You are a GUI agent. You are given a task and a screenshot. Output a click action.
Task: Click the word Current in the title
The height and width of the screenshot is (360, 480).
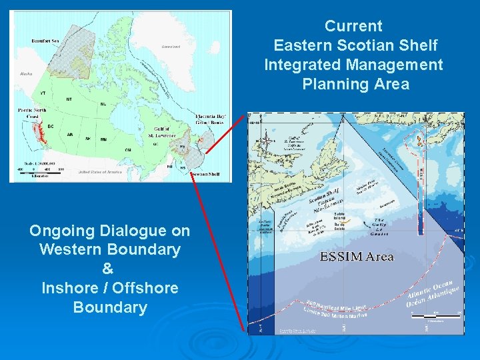click(353, 27)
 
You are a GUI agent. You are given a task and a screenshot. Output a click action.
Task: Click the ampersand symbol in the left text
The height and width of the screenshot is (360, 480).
click(109, 269)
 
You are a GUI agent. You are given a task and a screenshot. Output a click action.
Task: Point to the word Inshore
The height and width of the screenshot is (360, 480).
click(70, 289)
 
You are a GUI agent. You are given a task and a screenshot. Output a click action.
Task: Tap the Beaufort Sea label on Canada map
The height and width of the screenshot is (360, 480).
click(45, 41)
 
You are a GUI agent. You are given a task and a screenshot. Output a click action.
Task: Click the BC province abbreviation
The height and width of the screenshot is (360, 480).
click(50, 125)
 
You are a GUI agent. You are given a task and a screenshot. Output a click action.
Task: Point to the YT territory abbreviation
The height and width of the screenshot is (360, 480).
click(43, 93)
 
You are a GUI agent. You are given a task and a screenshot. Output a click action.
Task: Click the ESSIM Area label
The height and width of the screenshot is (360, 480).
click(357, 257)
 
